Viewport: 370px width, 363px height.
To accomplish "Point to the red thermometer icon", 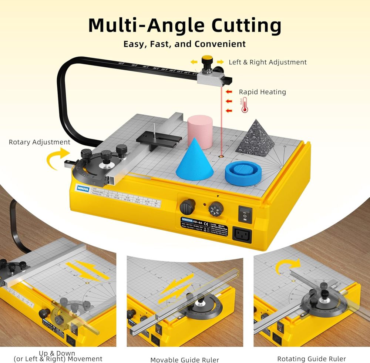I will click(x=244, y=105).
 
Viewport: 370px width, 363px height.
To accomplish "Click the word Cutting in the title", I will click(x=246, y=26).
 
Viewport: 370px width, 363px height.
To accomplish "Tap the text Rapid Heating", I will click(x=262, y=92).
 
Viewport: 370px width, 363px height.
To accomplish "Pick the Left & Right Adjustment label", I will click(x=268, y=62).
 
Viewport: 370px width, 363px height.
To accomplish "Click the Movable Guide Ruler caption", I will click(x=185, y=360).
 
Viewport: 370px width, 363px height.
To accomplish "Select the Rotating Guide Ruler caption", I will click(x=312, y=359).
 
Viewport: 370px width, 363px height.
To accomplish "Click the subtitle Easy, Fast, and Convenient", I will click(x=185, y=44).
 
